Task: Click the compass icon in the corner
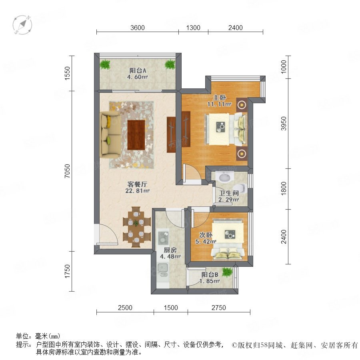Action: (x=22, y=25)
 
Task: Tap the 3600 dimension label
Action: (x=138, y=28)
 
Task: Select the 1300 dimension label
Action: (x=193, y=28)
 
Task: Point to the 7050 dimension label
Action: (x=67, y=171)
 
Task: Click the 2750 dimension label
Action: (x=219, y=308)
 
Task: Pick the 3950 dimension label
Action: (x=284, y=124)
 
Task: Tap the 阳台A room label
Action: (x=138, y=70)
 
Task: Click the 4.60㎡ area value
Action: (x=137, y=77)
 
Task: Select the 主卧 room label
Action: (x=220, y=98)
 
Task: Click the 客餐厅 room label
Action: (x=137, y=184)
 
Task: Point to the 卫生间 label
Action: (x=229, y=193)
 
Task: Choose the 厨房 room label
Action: (x=170, y=250)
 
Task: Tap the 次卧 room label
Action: (x=206, y=235)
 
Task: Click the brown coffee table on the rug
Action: (x=136, y=135)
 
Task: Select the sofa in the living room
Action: (x=109, y=134)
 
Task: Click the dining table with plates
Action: (x=136, y=227)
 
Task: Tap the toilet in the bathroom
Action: (x=241, y=189)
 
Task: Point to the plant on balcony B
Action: (x=227, y=272)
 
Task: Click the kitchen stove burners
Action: (x=163, y=237)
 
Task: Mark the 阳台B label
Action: (x=210, y=274)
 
